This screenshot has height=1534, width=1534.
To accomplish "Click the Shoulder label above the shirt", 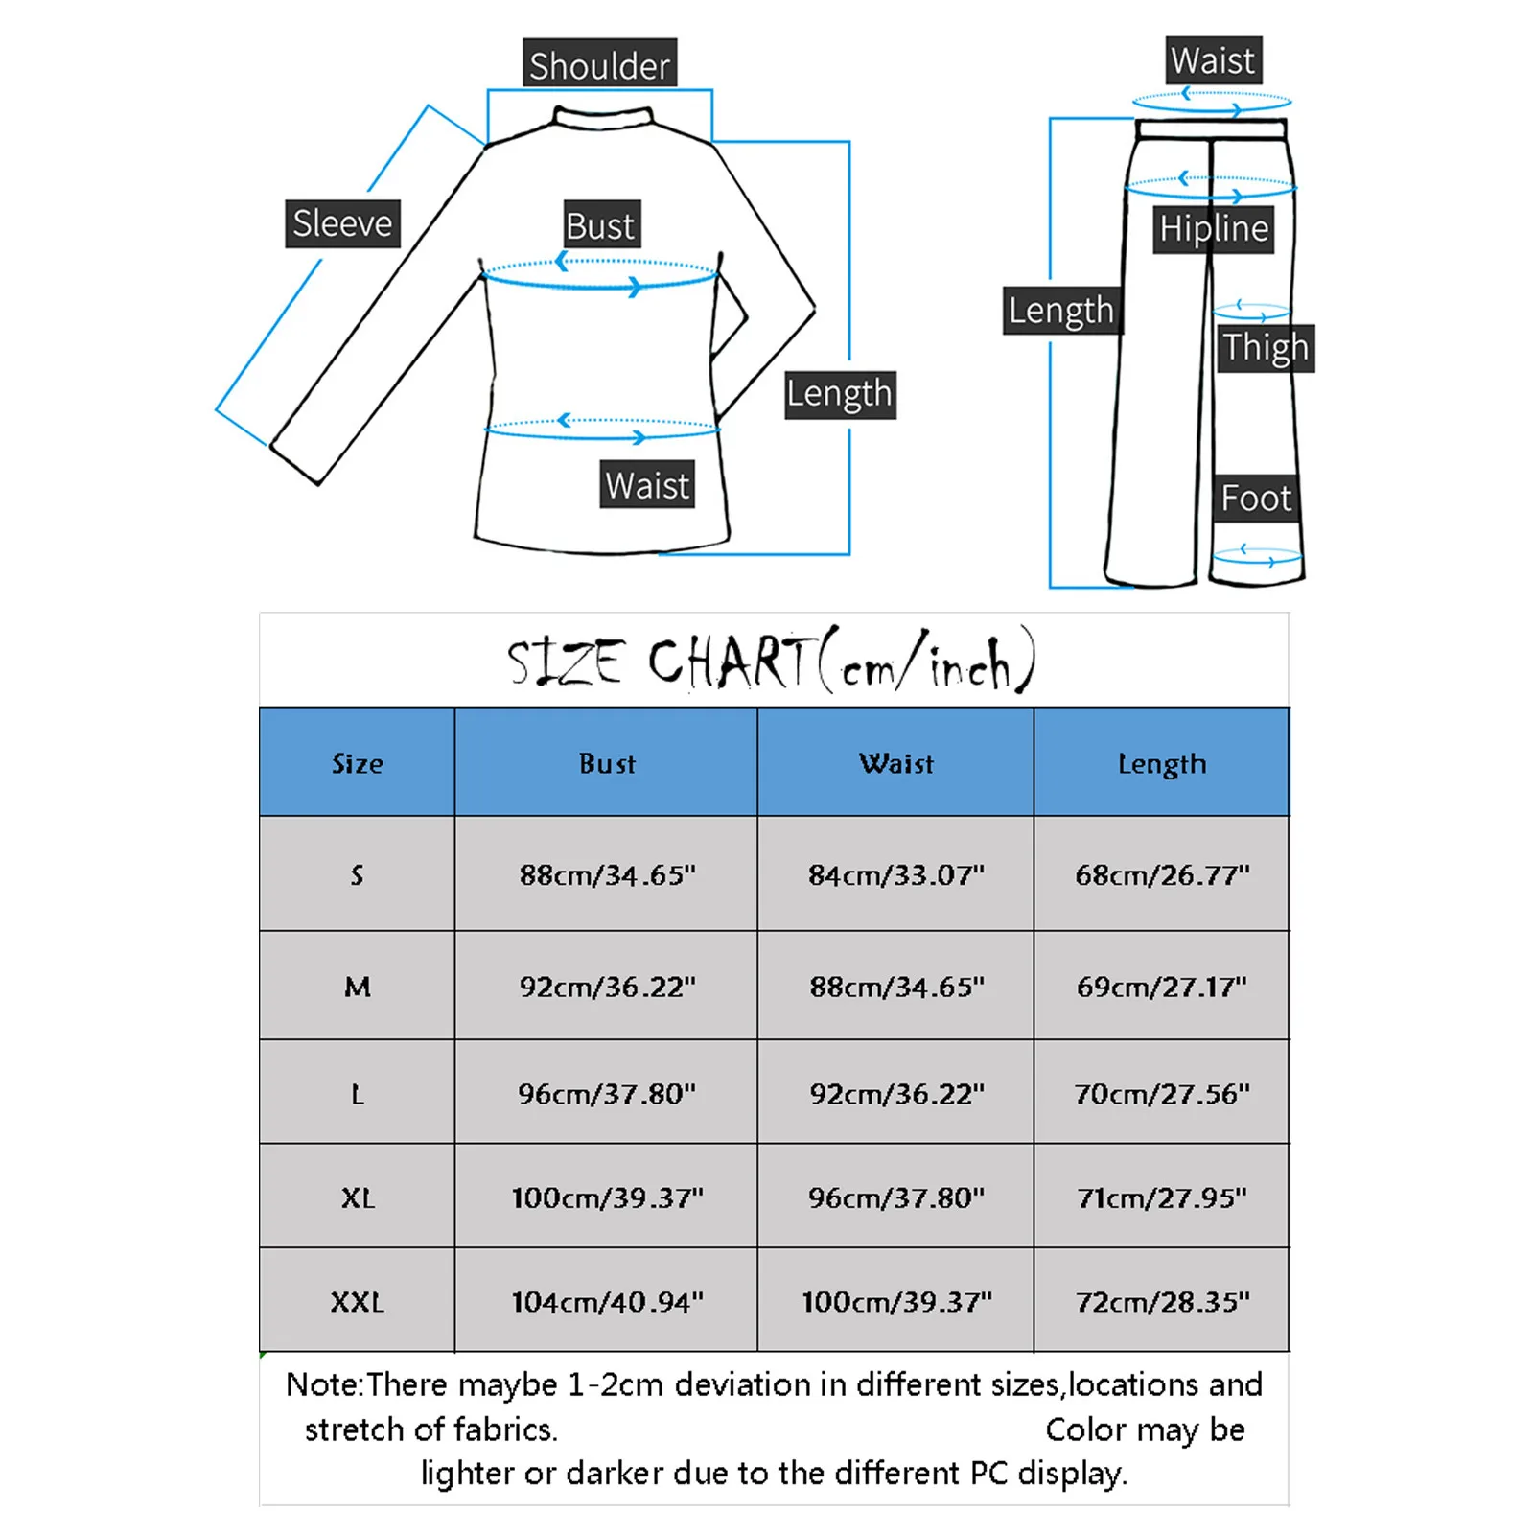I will pyautogui.click(x=599, y=64).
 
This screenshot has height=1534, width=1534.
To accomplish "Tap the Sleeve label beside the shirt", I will pyautogui.click(x=342, y=223).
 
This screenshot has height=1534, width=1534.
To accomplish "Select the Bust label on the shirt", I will pyautogui.click(x=600, y=225).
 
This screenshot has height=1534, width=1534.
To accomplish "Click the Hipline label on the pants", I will pyautogui.click(x=1213, y=229).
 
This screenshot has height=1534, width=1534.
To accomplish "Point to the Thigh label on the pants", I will pyautogui.click(x=1265, y=347).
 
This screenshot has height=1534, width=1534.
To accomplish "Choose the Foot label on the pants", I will pyautogui.click(x=1255, y=499).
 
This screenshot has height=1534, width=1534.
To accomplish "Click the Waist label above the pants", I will pyautogui.click(x=1212, y=61).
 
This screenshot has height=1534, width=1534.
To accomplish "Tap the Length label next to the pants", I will pyautogui.click(x=1060, y=311).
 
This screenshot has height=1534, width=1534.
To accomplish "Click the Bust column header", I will pyautogui.click(x=607, y=763).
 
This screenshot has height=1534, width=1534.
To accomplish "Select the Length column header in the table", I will pyautogui.click(x=1161, y=763).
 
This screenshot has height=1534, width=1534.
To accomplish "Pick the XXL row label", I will pyautogui.click(x=357, y=1301).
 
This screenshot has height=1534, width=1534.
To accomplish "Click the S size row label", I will pyautogui.click(x=357, y=874).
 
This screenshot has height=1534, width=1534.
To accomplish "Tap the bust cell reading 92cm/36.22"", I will pyautogui.click(x=607, y=987).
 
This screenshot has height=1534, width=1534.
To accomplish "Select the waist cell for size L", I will pyautogui.click(x=895, y=1094).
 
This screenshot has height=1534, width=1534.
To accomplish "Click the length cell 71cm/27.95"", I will pyautogui.click(x=1161, y=1197).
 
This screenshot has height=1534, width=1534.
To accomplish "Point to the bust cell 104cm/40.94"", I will pyautogui.click(x=607, y=1301).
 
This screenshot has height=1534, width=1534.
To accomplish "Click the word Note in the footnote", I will pyautogui.click(x=322, y=1384).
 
